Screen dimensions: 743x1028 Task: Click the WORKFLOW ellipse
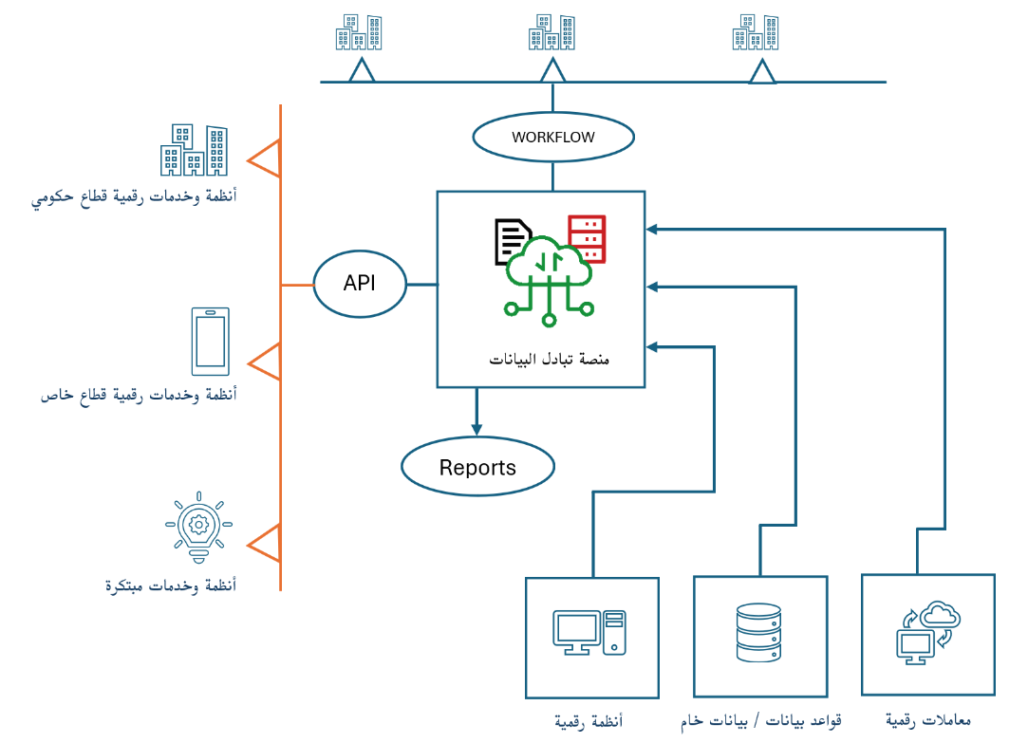coord(553,137)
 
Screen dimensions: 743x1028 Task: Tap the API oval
coord(360,284)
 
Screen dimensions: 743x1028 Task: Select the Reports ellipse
coord(477,467)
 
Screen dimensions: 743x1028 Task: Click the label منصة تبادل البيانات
coord(550,360)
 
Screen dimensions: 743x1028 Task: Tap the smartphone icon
coord(210,341)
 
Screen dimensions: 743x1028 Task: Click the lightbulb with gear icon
coord(198,524)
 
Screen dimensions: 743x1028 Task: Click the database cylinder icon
coord(758,633)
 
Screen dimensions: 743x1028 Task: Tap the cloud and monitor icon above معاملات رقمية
coord(928,631)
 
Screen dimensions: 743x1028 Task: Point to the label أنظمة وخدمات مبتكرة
coord(171,585)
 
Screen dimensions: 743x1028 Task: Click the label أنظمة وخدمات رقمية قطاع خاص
coord(139,394)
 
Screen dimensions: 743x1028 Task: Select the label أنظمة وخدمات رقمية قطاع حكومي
coord(134,197)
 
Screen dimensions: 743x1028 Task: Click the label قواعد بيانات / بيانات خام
coord(761,720)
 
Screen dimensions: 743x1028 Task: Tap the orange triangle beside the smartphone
coord(265,362)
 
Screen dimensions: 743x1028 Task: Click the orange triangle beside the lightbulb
coord(265,544)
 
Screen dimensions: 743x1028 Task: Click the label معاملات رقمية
coord(927,720)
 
